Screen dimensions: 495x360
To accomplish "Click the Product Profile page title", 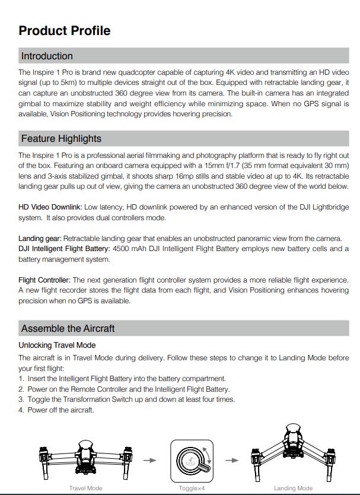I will click(64, 31).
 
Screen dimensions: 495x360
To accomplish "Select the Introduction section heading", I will click(47, 56).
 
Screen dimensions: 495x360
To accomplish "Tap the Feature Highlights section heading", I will click(61, 139).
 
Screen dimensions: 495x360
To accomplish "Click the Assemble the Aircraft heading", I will click(68, 328).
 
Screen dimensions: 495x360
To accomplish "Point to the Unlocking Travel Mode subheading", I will click(57, 345).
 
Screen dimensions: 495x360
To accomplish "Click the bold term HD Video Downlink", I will click(50, 207).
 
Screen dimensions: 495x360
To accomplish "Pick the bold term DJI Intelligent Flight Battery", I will click(64, 248).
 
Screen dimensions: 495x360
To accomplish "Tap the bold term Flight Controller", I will click(44, 279).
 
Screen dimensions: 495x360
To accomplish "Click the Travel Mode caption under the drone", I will click(86, 488).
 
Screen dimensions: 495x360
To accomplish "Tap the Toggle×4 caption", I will click(191, 488).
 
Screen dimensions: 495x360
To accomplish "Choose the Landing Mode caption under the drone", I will click(293, 488).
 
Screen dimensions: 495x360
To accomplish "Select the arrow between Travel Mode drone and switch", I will click(151, 460).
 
